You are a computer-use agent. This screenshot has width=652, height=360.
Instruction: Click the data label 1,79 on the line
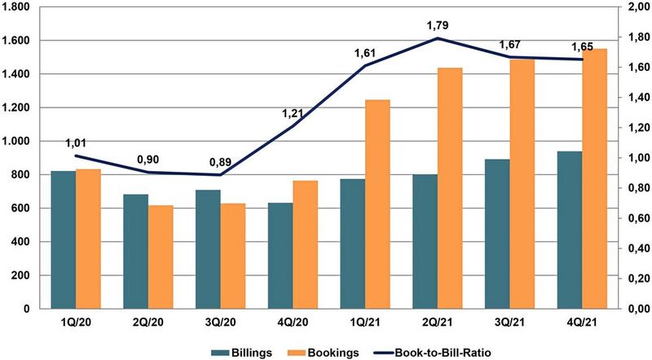click(x=438, y=26)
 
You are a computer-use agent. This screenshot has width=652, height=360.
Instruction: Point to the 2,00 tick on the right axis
click(x=632, y=7)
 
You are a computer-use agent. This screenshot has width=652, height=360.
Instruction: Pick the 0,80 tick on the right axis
click(x=632, y=188)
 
